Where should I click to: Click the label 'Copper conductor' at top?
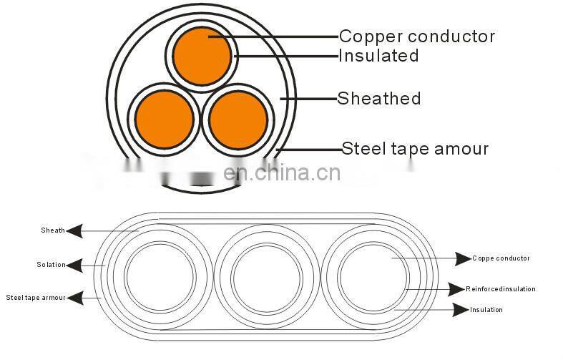pos(416,36)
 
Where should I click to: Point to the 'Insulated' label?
pos(378,55)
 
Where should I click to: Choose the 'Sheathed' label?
pos(379,98)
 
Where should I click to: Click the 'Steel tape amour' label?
pos(415,148)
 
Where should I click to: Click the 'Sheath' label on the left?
pos(52,230)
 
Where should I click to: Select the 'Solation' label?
pos(51,265)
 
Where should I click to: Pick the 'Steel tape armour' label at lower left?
pos(36,297)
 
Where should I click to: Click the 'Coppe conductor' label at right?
pos(501,258)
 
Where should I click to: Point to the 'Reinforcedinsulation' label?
pos(501,289)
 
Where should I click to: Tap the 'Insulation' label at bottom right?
pos(486,310)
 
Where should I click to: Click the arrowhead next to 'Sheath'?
pos(74,230)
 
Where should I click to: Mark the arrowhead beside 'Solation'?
pos(74,265)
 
